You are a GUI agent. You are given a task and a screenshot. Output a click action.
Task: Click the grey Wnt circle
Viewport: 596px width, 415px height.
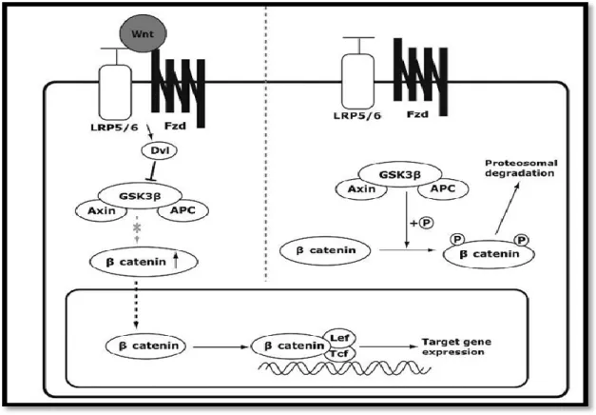point(143,33)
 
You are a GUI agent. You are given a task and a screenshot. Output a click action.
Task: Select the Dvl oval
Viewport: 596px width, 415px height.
point(160,150)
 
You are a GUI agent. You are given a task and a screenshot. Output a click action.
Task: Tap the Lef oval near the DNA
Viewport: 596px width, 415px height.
point(339,338)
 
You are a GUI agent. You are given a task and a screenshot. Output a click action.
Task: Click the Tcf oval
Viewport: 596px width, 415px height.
point(339,354)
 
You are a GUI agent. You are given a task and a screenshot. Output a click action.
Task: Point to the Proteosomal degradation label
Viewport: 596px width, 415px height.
point(521,168)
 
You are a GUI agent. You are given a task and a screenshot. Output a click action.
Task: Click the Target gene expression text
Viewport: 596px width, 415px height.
point(456,346)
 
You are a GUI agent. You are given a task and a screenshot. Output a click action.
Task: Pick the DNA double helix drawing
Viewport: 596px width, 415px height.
point(344,368)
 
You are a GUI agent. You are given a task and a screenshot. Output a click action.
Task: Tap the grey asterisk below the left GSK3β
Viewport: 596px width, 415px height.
point(137,228)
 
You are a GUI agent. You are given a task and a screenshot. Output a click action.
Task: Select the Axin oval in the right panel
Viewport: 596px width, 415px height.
point(361,188)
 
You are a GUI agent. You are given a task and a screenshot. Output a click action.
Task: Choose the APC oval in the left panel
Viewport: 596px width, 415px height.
point(183,210)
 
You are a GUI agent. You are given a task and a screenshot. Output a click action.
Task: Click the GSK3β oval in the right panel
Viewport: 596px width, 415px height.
point(400,175)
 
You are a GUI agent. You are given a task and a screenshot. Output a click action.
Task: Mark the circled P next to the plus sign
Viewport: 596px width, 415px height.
point(427,223)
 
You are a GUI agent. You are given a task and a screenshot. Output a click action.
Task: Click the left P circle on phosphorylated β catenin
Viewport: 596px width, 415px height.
point(457,239)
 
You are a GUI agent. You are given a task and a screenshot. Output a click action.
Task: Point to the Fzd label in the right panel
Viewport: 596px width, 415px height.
point(417,114)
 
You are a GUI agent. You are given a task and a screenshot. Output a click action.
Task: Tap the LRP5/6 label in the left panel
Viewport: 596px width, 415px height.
point(115,127)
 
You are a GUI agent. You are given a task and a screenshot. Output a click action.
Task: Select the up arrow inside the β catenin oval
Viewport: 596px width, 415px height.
point(175,261)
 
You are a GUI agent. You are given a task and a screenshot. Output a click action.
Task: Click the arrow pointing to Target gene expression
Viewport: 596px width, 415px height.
point(389,346)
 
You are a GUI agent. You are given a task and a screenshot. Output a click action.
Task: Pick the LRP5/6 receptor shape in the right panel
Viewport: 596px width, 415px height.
point(357,73)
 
